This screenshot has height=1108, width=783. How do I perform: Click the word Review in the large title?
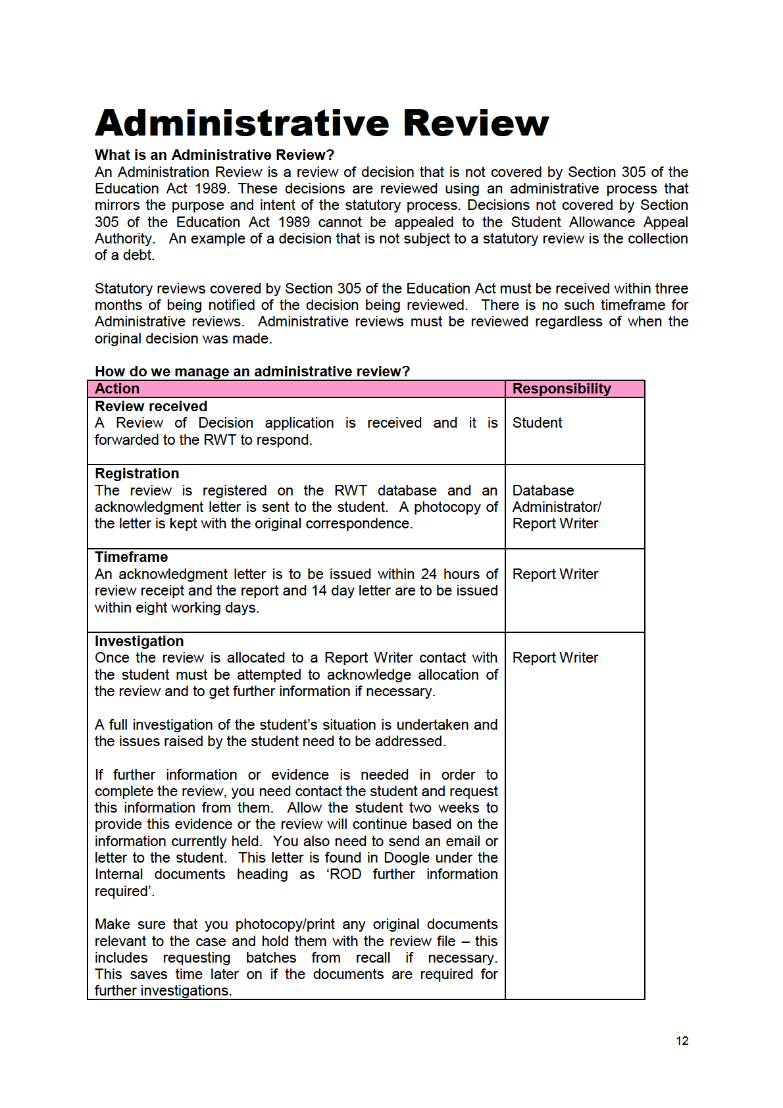(475, 123)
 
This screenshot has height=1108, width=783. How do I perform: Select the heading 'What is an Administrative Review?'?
(215, 155)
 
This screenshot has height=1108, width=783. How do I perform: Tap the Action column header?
(117, 389)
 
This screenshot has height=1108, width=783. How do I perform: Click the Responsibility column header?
(561, 389)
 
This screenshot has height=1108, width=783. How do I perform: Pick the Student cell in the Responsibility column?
(537, 423)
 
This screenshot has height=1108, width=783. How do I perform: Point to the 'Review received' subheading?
(151, 407)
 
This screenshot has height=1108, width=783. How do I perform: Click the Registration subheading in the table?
(137, 474)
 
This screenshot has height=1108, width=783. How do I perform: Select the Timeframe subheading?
(131, 557)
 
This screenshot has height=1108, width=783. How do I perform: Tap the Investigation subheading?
(139, 642)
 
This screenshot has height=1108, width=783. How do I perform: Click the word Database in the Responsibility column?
(543, 491)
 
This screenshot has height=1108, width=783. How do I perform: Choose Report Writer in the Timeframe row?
(555, 574)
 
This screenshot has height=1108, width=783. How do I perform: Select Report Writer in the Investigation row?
(555, 658)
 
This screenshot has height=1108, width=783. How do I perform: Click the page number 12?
(682, 1041)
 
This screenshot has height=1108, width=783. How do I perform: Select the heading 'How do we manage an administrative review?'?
(252, 372)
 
